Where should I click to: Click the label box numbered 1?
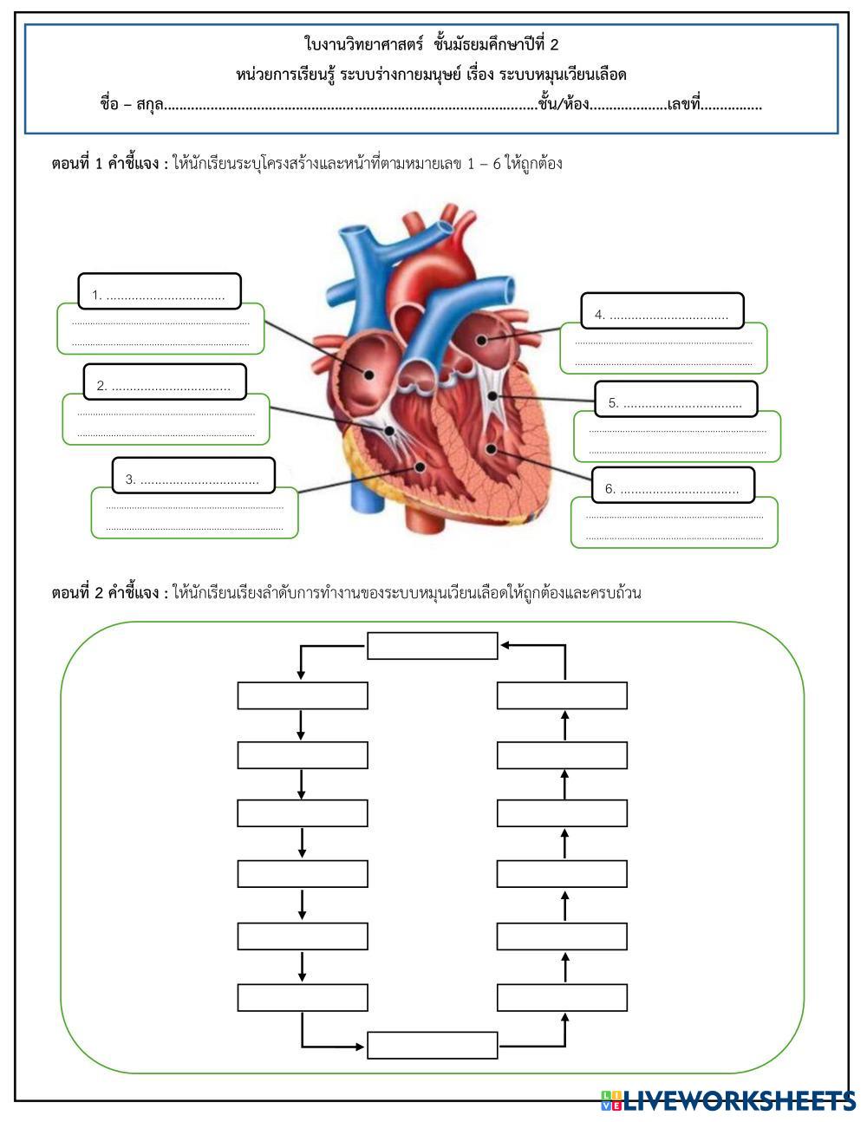[x=160, y=291]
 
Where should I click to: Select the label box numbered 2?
[x=165, y=382]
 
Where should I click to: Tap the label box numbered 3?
[x=193, y=475]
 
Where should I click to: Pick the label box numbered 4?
[x=662, y=311]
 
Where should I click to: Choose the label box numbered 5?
[x=676, y=399]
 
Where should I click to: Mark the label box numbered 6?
[x=673, y=485]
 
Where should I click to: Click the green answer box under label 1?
[x=160, y=332]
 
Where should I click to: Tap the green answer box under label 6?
[x=674, y=525]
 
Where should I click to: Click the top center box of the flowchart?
[x=433, y=646]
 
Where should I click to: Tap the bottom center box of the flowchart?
[x=433, y=1045]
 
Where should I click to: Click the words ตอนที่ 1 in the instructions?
[x=76, y=164]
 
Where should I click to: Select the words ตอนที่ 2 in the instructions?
[x=76, y=593]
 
